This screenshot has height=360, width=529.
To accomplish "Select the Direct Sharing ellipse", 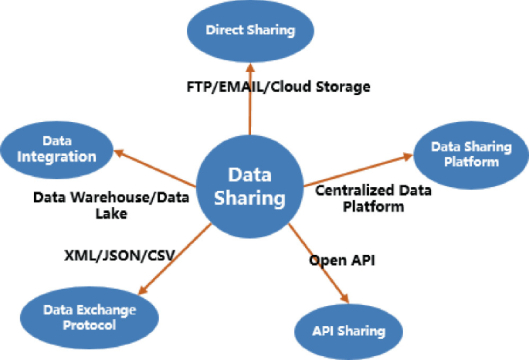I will point(251,31).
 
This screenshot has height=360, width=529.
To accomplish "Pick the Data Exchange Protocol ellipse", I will point(90,317).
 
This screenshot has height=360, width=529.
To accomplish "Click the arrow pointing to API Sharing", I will point(317,262).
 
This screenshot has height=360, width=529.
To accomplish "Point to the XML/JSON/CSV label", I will point(118,254).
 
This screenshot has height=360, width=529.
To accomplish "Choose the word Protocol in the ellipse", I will point(89,324).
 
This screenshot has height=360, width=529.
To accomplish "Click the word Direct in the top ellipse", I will point(224,31).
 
